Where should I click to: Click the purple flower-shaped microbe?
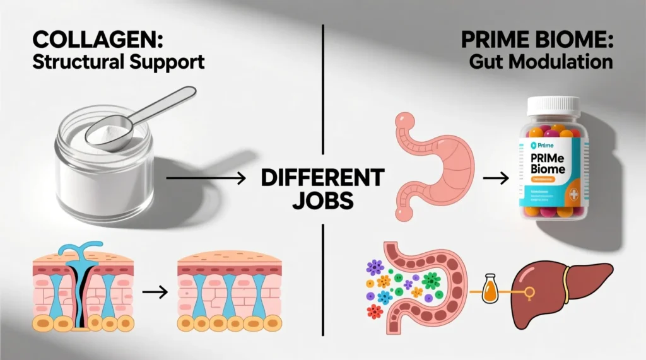coord(376,267)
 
